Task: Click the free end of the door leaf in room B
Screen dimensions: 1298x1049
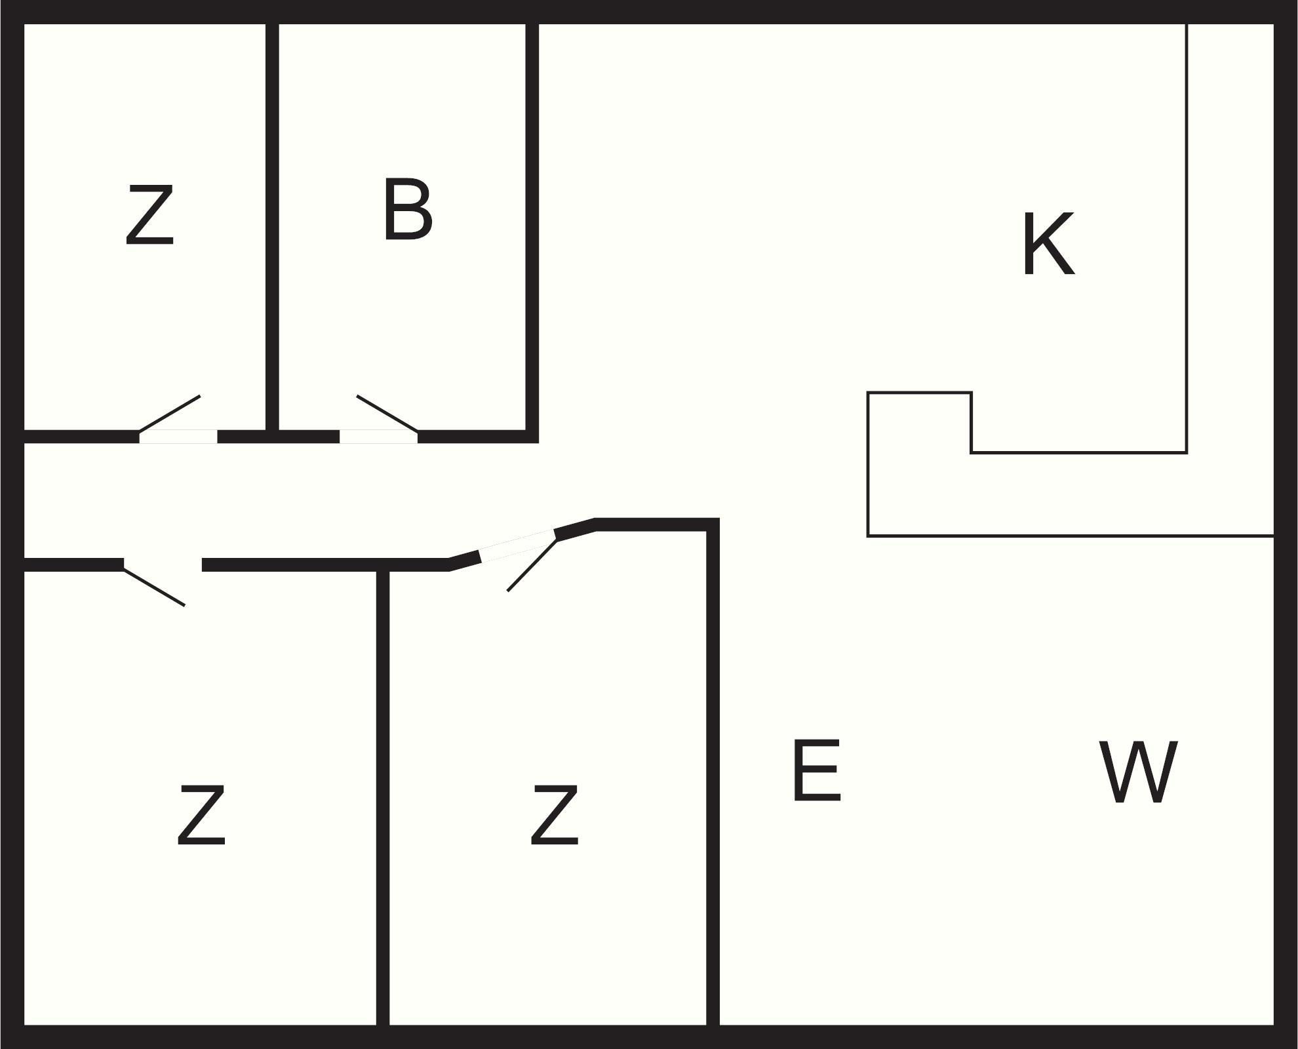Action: [357, 396]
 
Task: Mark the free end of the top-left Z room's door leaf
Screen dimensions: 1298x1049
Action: [200, 396]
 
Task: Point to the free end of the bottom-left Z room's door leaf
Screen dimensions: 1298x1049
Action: [185, 605]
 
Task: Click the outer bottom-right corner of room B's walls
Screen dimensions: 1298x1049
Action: [538, 443]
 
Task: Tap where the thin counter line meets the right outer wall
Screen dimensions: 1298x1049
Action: [1274, 536]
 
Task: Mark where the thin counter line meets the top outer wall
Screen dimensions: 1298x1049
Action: [1187, 24]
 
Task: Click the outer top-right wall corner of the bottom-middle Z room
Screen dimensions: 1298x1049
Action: [719, 519]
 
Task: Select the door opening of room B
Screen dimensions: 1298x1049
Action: [379, 437]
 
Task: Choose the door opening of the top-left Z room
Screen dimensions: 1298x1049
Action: [178, 437]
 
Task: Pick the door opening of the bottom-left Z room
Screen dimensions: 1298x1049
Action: [163, 564]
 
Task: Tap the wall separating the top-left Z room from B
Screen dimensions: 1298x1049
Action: [273, 227]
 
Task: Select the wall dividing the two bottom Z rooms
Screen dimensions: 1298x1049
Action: [383, 798]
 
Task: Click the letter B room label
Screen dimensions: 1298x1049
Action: [408, 208]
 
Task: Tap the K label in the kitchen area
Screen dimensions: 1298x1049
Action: [1048, 244]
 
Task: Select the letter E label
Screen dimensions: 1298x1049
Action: [817, 770]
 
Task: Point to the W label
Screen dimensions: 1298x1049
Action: [1138, 772]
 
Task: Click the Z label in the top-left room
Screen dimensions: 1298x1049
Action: [150, 215]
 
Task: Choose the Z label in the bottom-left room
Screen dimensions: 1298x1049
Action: [201, 815]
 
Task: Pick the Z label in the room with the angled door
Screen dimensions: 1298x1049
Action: [555, 815]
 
